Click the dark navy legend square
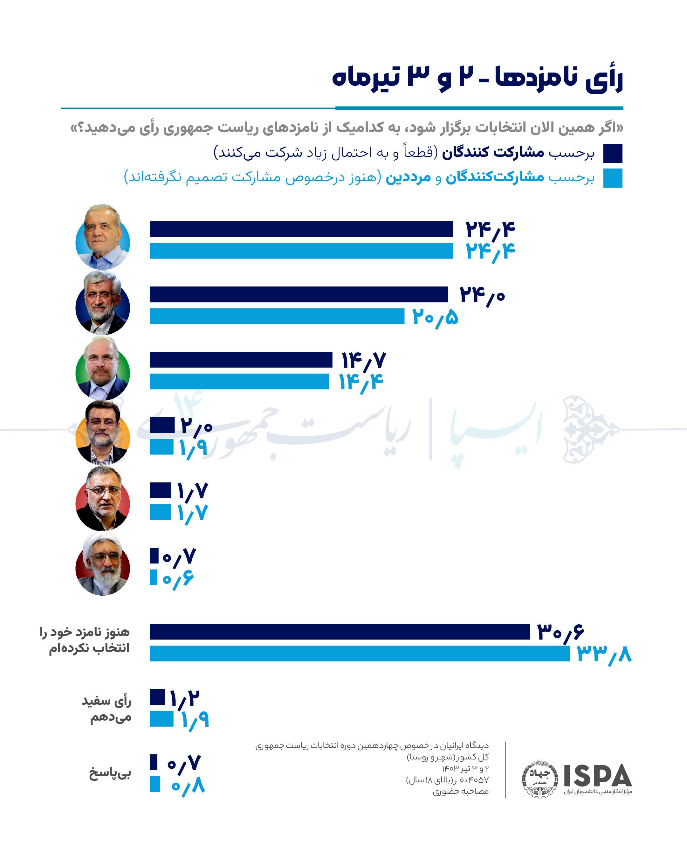tap(613, 154)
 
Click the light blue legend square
tap(613, 178)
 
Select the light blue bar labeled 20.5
tap(277, 316)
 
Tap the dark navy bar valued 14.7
tap(241, 359)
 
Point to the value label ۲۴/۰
tap(482, 296)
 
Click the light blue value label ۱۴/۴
tap(361, 383)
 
